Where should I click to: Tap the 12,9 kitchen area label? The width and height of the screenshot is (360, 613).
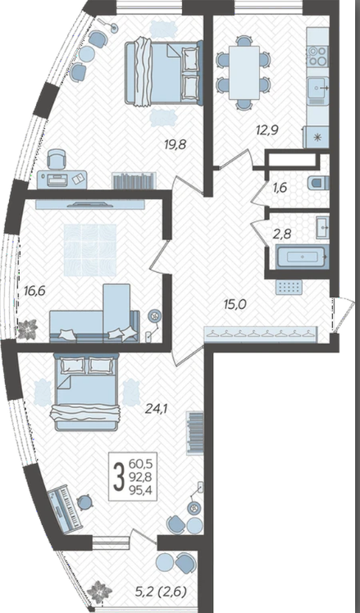268,129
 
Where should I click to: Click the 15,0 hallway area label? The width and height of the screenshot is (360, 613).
236,304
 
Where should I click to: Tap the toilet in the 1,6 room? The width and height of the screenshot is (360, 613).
318,183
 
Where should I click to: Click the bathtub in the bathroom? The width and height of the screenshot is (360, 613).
302,257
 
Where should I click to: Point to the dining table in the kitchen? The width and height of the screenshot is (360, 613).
244,73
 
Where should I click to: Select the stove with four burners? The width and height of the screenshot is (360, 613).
317,56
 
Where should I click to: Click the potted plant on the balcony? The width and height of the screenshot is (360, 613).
99,592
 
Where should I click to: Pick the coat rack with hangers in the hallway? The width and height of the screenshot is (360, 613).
261,334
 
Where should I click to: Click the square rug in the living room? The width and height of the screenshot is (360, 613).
90,251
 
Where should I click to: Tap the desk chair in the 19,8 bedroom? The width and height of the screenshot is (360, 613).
57,159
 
